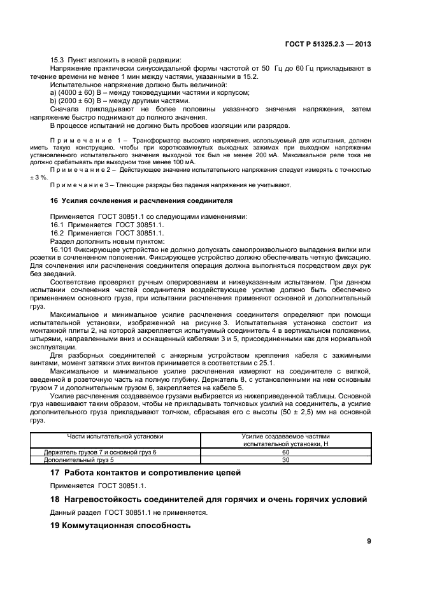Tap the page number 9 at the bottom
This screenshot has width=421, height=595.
369,541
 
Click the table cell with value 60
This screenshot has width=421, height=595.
285,452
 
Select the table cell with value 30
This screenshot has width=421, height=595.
285,459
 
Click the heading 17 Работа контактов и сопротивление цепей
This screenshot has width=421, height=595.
145,473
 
